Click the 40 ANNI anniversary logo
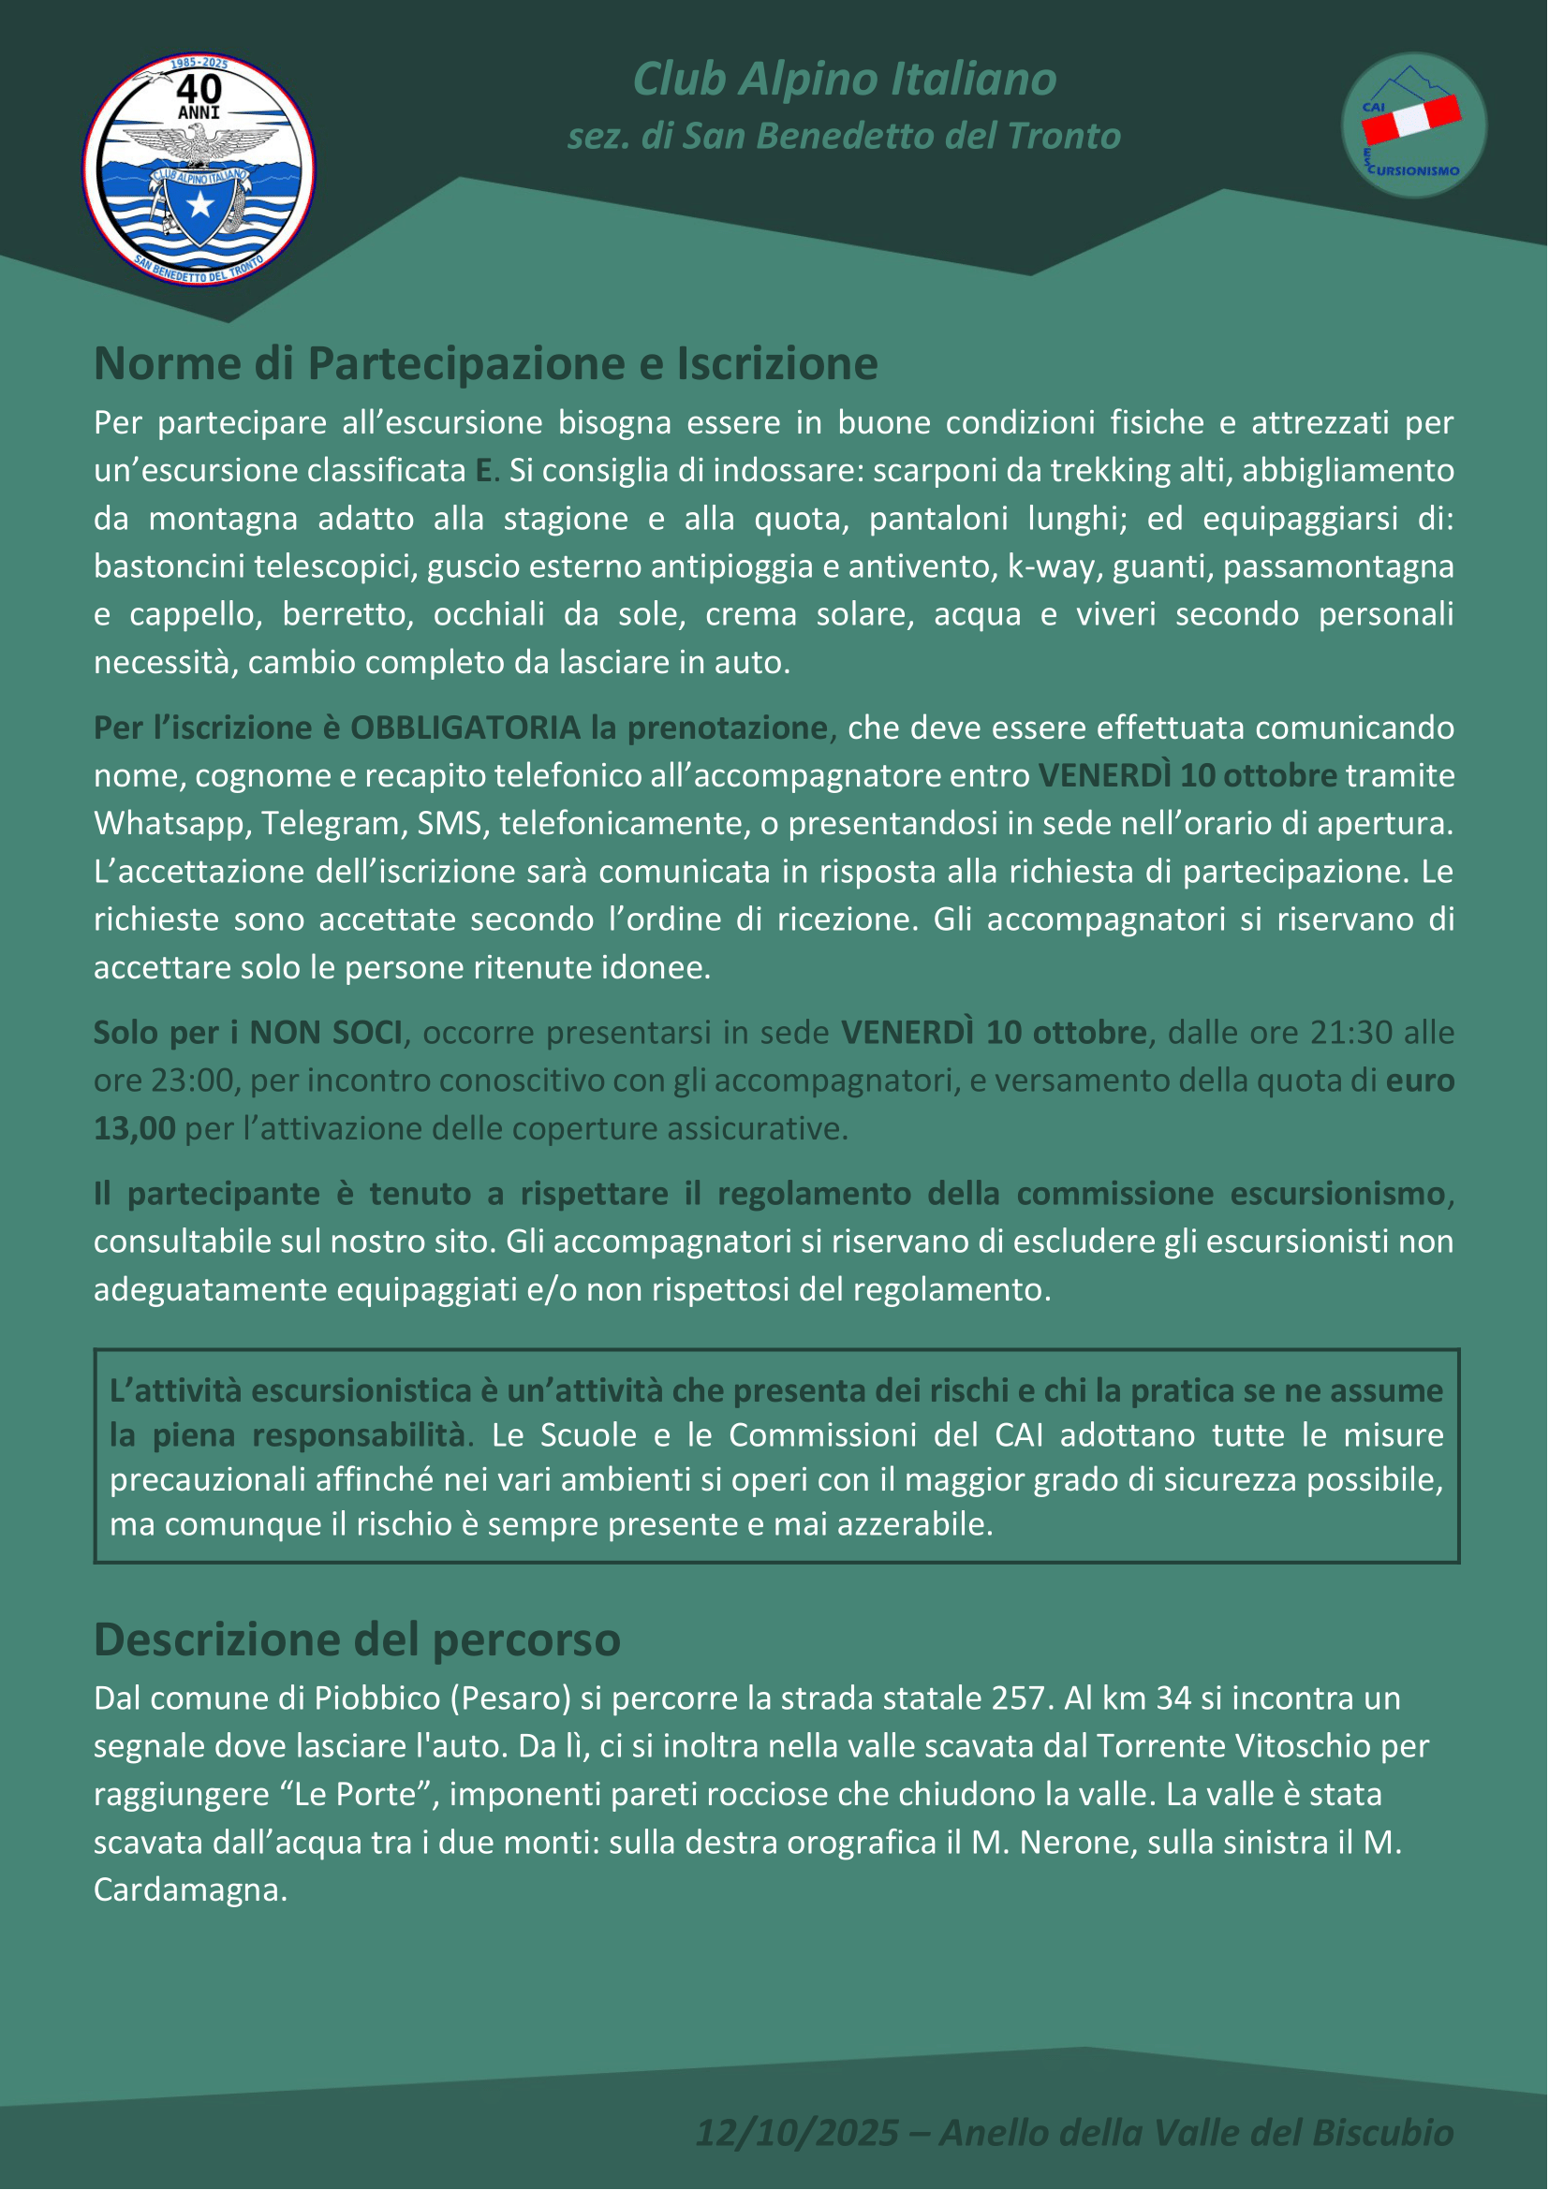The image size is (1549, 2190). (199, 169)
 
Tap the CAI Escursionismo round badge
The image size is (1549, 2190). (1413, 125)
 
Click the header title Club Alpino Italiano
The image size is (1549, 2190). (844, 80)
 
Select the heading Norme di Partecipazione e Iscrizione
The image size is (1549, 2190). (485, 363)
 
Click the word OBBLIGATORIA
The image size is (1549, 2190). (465, 728)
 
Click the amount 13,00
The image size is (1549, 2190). (135, 1129)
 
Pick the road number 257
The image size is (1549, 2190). (1020, 1698)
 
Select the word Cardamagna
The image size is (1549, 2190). (190, 1890)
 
